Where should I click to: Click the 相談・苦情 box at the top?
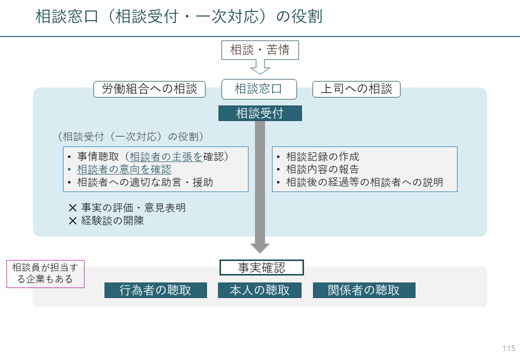[x=260, y=50]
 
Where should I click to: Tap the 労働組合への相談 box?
[x=149, y=89]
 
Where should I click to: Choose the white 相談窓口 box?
[x=259, y=89]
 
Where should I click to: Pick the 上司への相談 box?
[x=356, y=89]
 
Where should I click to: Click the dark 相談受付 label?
[x=260, y=113]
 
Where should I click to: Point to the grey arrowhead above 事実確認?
[x=260, y=248]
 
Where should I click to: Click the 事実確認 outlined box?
[x=261, y=267]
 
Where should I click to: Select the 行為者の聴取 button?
[x=155, y=290]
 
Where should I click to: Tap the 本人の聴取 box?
[x=259, y=290]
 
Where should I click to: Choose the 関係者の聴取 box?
[x=364, y=290]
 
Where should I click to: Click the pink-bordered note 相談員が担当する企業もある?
[x=45, y=274]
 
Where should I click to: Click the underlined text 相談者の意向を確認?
[x=124, y=169]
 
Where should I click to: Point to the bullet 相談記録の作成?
[x=322, y=156]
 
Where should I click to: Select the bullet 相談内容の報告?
[x=322, y=169]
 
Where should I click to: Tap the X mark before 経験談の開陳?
[x=72, y=221]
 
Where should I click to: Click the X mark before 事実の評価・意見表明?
[x=72, y=208]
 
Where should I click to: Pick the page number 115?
[x=508, y=348]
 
